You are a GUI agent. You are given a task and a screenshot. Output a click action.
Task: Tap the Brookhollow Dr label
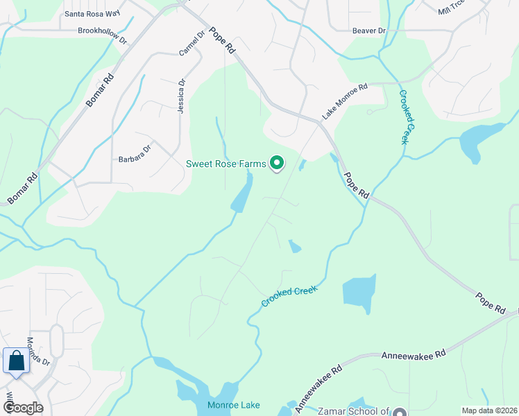pos(103,35)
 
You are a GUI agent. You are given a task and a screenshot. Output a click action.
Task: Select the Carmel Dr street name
pos(192,44)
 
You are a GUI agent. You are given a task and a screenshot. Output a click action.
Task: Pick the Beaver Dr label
pos(368,31)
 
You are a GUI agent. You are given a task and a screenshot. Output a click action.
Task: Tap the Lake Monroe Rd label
pos(344,101)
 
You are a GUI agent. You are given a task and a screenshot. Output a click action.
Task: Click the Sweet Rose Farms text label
pos(226,164)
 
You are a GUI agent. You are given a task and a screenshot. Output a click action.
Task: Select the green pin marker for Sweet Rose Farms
pos(277,163)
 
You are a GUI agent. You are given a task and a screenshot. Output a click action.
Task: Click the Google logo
pos(22,407)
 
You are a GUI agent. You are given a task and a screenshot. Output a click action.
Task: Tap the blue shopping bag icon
pos(15,361)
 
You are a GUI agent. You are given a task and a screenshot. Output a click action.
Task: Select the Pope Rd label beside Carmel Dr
pos(221,43)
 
